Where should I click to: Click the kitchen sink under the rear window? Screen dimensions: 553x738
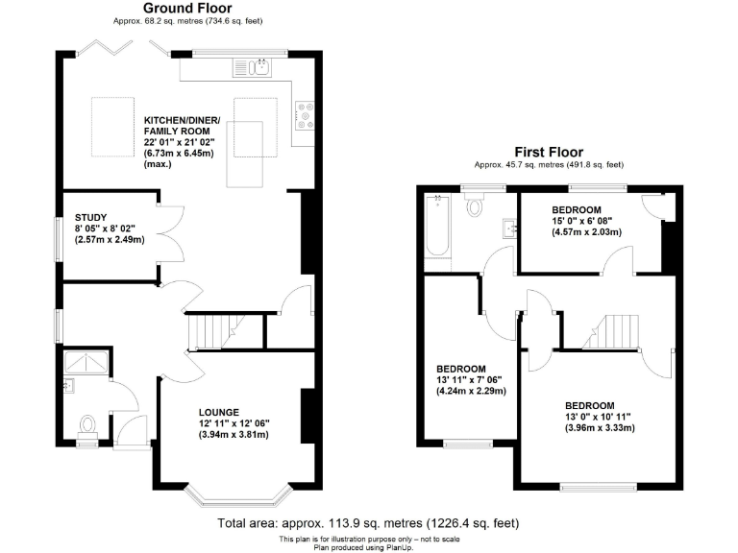[x=258, y=67]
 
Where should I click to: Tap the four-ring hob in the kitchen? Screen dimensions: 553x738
[x=307, y=115]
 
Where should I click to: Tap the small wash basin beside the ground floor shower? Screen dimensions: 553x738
[x=69, y=387]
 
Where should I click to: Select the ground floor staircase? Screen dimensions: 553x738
[x=211, y=332]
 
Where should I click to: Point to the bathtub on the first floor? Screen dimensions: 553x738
[x=436, y=227]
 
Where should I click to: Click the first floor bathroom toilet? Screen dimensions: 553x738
[x=476, y=206]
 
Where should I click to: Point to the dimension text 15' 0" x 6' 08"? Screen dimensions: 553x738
[x=577, y=220]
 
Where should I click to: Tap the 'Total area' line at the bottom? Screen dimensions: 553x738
[x=369, y=523]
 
